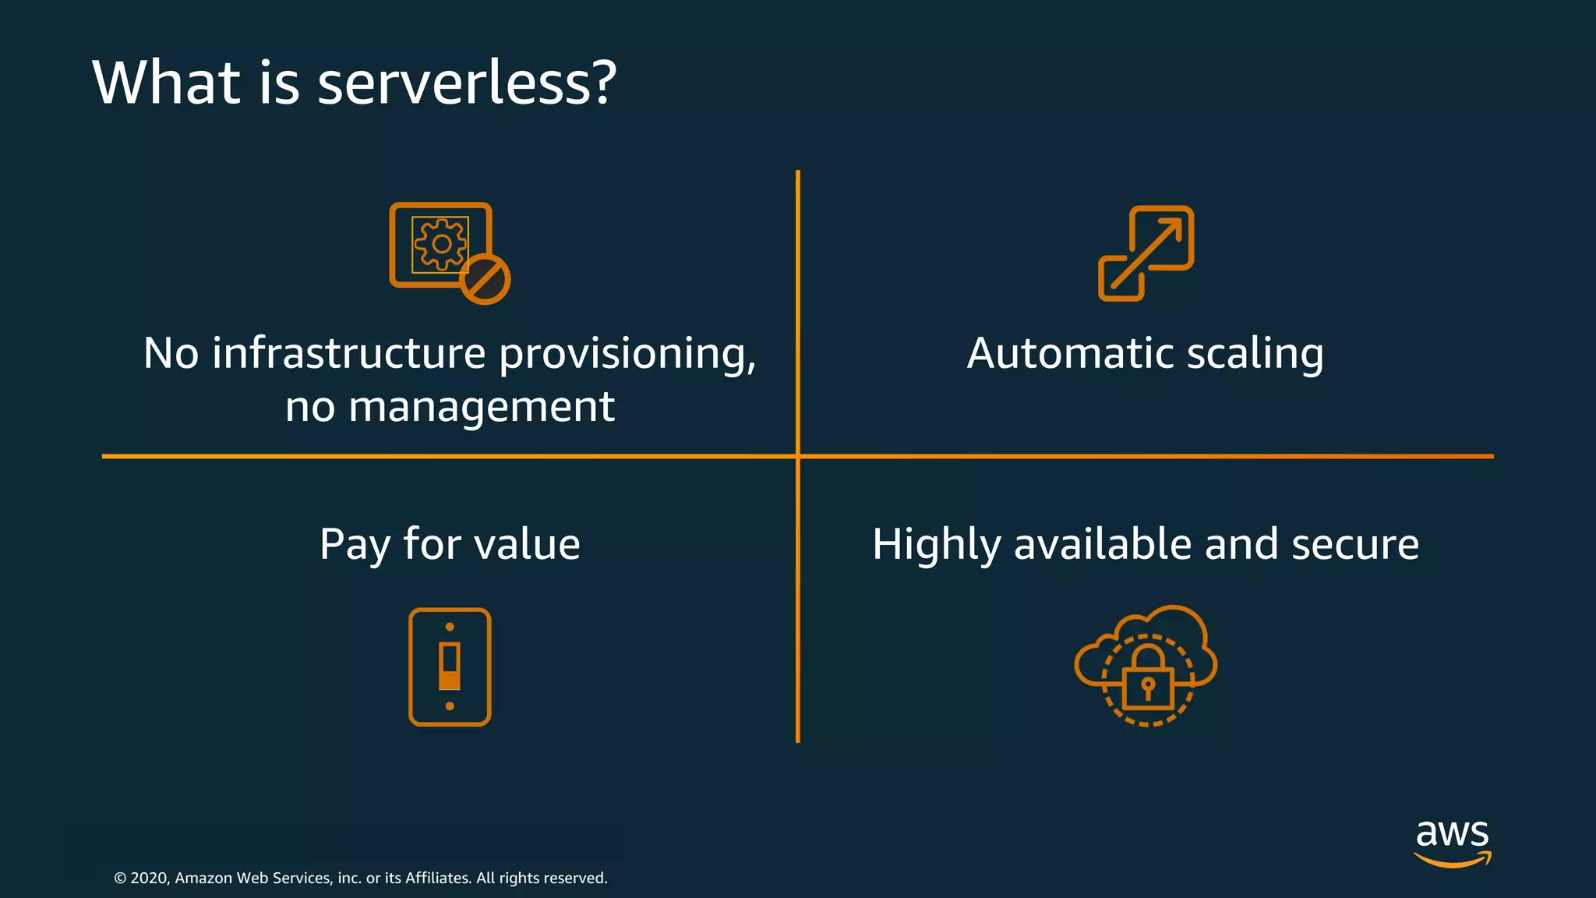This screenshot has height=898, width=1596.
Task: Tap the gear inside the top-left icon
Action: pyautogui.click(x=441, y=244)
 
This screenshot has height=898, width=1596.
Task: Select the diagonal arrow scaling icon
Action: pyautogui.click(x=1146, y=253)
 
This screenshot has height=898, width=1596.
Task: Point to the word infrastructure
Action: pyautogui.click(x=349, y=353)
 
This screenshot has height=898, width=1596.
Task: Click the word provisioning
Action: pyautogui.click(x=627, y=355)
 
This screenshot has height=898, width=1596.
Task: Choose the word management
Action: pyautogui.click(x=481, y=408)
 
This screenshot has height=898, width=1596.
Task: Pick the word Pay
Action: pyautogui.click(x=355, y=544)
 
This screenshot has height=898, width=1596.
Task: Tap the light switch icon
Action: pyautogui.click(x=450, y=667)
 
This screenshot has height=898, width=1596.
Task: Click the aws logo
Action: pyautogui.click(x=1453, y=842)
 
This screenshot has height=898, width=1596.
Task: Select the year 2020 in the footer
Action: pyautogui.click(x=149, y=879)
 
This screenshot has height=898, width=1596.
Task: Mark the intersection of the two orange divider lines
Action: pyautogui.click(x=797, y=456)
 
